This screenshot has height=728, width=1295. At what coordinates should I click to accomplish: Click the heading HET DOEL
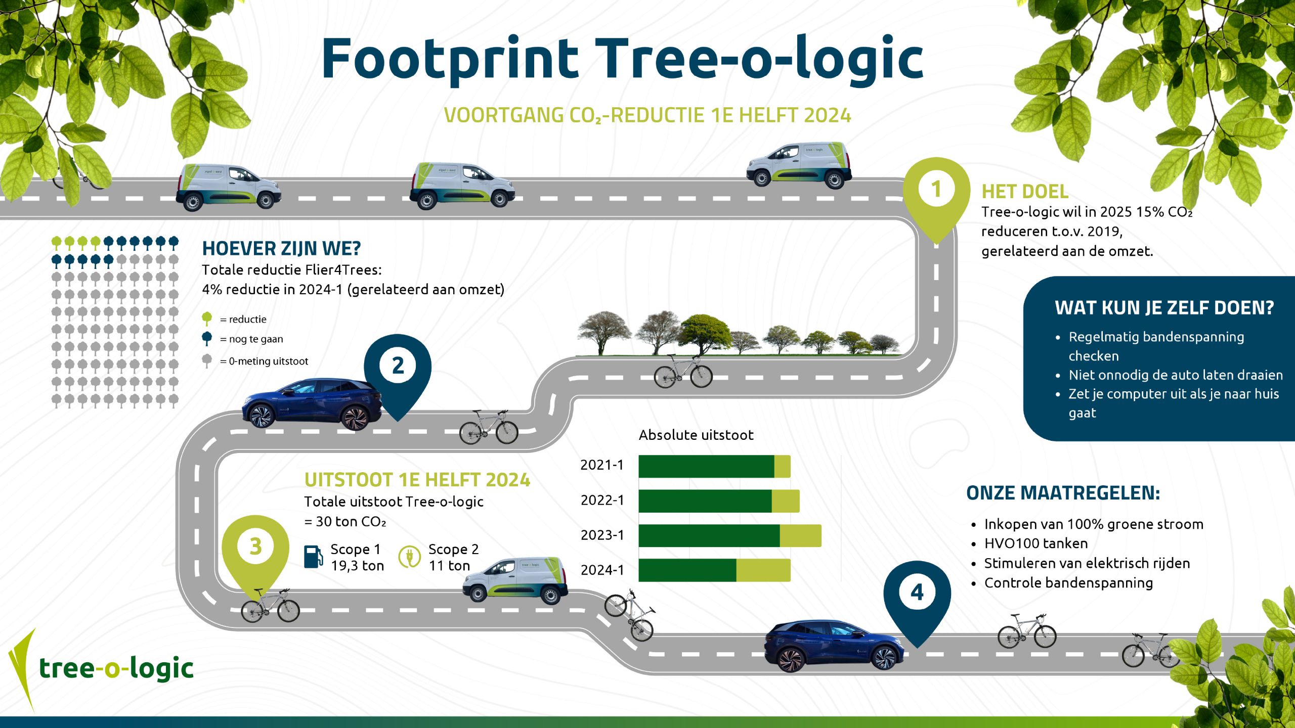1025,192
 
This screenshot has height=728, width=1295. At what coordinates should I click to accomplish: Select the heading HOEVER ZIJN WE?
281,249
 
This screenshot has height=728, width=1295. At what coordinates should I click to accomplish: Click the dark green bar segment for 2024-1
687,570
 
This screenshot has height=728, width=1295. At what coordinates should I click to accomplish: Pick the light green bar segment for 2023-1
800,535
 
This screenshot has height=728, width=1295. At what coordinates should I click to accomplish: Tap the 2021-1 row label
602,465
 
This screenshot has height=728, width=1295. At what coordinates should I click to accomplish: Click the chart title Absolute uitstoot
696,435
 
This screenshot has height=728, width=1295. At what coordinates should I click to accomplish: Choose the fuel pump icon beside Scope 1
314,557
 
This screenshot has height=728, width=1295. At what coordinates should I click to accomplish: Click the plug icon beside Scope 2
409,557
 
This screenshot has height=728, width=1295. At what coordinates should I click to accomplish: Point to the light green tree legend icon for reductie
207,319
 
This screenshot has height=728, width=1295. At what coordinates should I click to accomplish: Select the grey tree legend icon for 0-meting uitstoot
207,361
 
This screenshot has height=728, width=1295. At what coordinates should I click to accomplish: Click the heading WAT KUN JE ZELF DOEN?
1164,308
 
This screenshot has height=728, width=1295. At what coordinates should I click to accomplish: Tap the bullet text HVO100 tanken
1035,543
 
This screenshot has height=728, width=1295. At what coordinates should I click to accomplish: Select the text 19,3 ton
357,566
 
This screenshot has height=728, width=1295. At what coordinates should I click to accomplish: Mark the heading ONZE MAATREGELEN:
1063,493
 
